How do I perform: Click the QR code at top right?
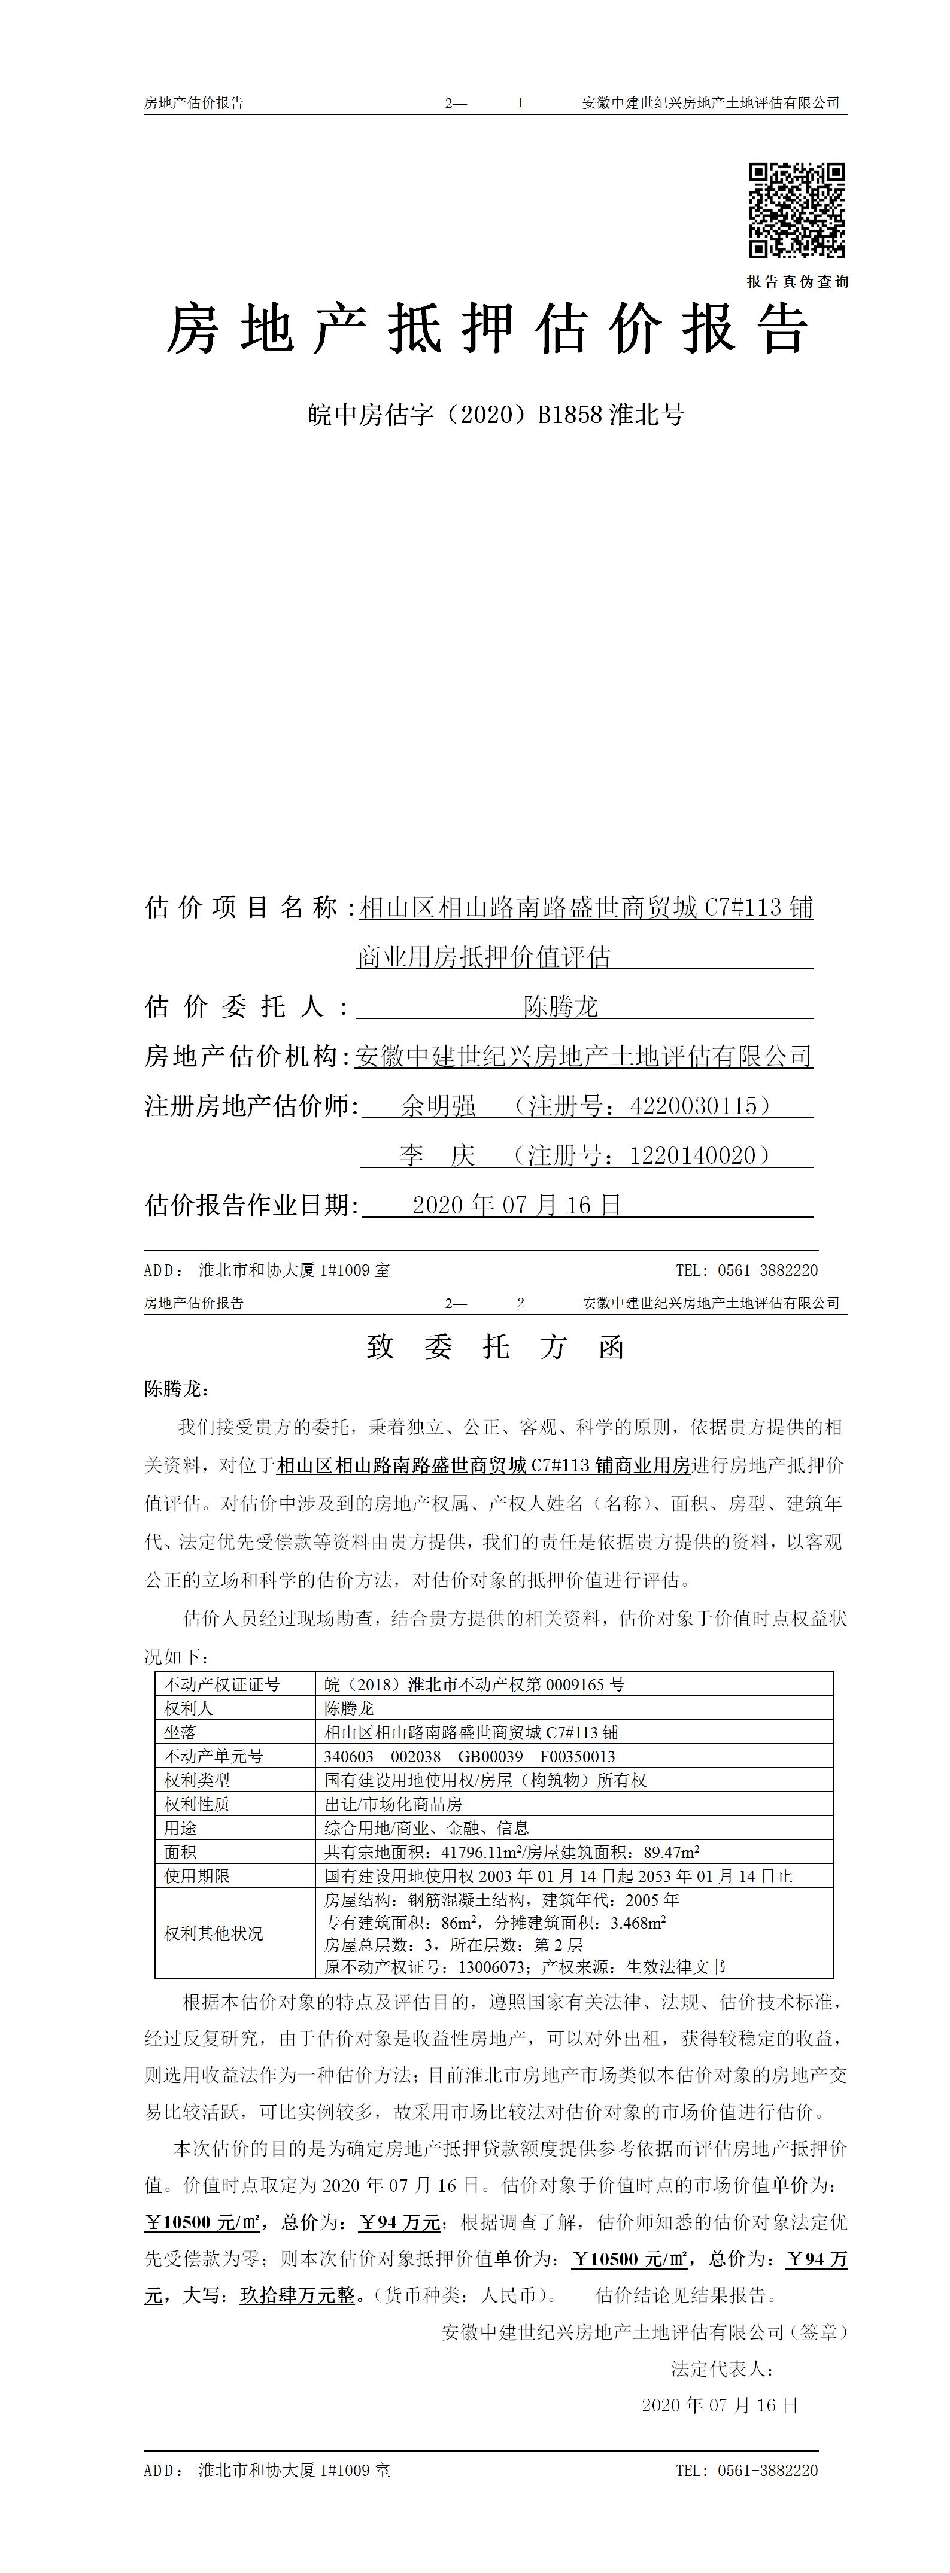[797, 211]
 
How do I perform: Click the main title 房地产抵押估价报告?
[487, 329]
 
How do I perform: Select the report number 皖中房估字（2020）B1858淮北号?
[496, 415]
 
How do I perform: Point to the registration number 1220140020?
[693, 1155]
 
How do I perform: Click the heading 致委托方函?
[496, 1348]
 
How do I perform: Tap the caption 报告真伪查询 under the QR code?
[797, 282]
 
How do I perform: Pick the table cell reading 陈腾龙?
[348, 1708]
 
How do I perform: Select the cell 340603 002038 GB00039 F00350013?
[469, 1756]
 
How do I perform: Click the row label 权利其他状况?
[214, 1933]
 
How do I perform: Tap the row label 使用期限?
[197, 1876]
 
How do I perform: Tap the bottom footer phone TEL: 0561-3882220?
[746, 2470]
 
